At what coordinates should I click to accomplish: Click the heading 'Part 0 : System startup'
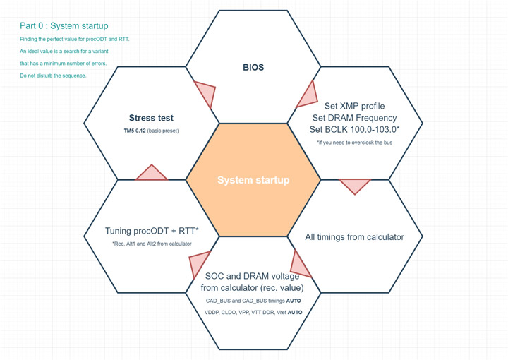pos(64,26)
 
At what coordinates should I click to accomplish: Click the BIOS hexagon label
pos(253,68)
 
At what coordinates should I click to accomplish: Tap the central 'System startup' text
pos(253,180)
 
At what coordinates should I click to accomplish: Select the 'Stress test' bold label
pos(151,118)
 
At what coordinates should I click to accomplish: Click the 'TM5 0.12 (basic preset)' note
pos(151,131)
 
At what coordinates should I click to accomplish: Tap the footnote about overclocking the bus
pos(355,143)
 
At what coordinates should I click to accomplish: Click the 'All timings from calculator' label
pos(354,237)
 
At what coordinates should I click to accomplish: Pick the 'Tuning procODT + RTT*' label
pos(152,231)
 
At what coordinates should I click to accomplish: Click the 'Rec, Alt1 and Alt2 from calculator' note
pos(152,244)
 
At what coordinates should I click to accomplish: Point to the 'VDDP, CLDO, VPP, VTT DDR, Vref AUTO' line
pos(253,312)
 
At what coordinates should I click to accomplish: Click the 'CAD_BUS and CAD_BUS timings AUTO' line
pos(253,301)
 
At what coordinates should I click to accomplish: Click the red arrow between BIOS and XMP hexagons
pos(308,94)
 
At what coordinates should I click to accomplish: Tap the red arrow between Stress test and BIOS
pos(205,93)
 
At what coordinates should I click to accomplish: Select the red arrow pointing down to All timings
pos(355,186)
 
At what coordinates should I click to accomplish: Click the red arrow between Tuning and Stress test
pos(150,173)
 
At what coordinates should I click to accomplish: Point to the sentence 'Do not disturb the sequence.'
pos(53,76)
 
